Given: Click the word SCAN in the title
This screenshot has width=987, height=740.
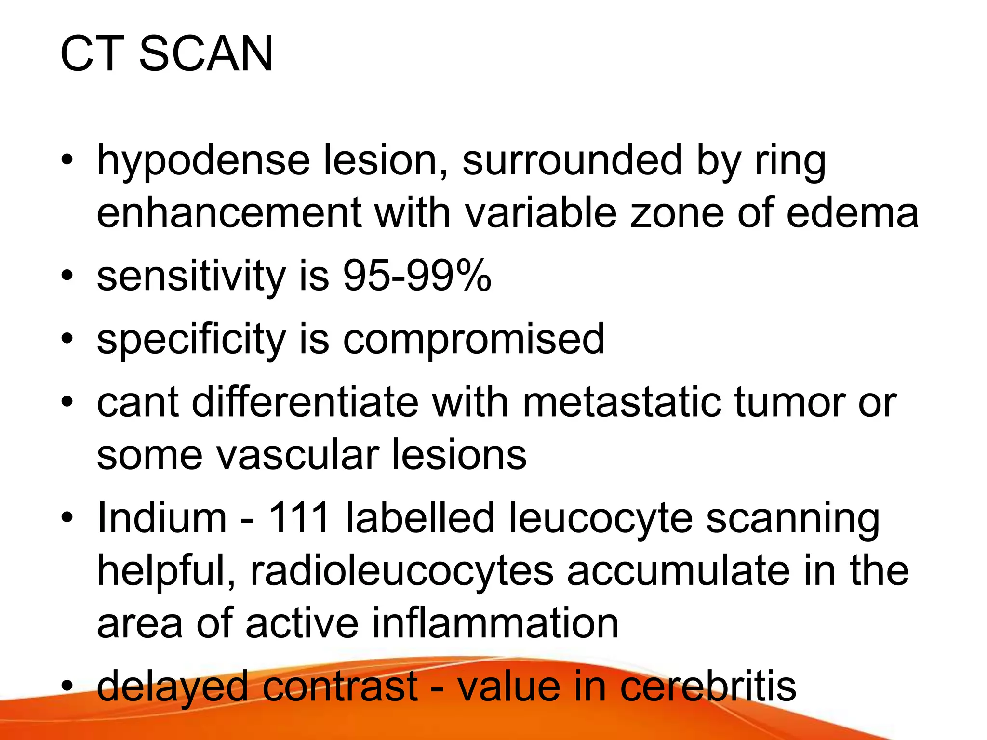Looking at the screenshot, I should tap(206, 54).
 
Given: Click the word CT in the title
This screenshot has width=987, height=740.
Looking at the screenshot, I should tap(92, 54).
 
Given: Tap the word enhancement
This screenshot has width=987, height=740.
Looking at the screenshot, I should tap(229, 213).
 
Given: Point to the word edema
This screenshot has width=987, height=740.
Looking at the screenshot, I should tap(852, 213).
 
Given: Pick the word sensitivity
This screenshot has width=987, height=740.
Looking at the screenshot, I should tap(191, 277).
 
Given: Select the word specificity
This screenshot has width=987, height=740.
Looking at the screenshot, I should tap(191, 340).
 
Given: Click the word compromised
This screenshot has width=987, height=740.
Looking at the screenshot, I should tap(473, 340).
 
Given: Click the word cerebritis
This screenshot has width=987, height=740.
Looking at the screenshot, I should tap(708, 687).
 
